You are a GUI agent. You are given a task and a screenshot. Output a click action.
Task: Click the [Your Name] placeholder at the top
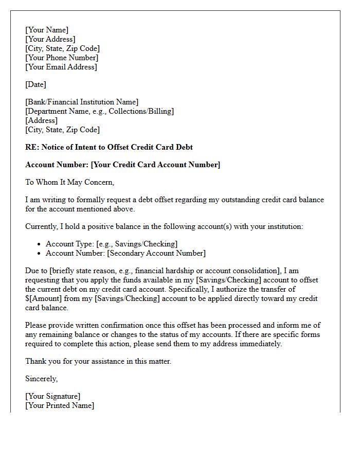pos(47,30)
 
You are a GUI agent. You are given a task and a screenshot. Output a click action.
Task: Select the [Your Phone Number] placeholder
pos(62,58)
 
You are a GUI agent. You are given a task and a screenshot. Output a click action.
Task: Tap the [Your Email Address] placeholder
pos(61,67)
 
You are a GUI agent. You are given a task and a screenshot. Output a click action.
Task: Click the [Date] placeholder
pos(35,84)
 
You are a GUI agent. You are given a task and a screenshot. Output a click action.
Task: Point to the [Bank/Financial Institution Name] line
pos(82,102)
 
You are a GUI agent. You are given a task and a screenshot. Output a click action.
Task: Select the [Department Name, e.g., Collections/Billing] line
pos(99,111)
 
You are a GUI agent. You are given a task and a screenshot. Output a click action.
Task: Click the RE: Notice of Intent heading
pos(109,147)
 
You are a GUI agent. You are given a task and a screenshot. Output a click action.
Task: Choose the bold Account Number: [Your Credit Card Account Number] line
pos(122,165)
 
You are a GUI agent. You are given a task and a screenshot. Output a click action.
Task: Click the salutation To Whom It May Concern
pos(69,182)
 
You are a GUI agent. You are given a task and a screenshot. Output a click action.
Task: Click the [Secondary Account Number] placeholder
pos(156,253)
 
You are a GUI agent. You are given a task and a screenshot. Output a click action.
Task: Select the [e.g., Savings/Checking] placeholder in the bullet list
pos(137,244)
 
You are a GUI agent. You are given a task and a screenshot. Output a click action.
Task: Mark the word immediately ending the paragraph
pos(259,344)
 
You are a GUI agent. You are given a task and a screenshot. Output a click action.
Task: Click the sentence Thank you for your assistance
pos(98,361)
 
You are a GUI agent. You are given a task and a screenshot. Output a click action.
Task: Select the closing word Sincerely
pos(42,379)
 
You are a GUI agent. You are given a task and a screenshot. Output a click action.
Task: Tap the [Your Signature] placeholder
pos(52,396)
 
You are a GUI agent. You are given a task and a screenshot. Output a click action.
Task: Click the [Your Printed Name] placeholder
pos(60,405)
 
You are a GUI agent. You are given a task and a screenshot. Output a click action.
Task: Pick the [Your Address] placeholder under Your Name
pos(50,39)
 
